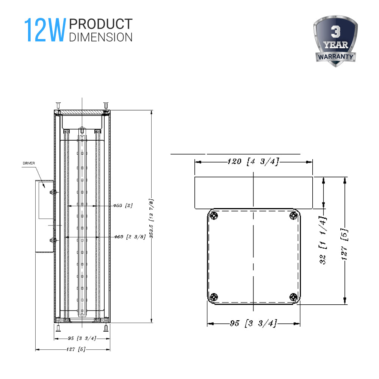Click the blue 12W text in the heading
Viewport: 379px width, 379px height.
coord(45,30)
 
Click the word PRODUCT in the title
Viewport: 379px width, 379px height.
coord(101,24)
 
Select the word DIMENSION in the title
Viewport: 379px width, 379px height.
coord(101,37)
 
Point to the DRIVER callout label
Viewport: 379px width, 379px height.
coord(29,163)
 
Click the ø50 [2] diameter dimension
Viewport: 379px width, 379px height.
coord(123,205)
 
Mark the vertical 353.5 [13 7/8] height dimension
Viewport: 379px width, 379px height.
coord(152,218)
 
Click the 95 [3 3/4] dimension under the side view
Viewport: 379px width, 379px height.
coord(82,338)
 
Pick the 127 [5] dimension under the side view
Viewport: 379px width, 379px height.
coord(76,349)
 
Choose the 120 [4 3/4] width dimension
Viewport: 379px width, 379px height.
coord(253,162)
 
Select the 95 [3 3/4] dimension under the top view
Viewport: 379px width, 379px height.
coord(253,324)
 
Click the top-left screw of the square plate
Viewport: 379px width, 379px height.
coord(215,216)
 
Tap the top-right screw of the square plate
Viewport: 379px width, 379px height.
coord(293,216)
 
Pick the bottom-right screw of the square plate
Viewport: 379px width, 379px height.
coord(293,297)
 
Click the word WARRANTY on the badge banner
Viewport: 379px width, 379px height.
coord(336,57)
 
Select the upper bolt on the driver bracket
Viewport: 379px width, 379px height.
coord(52,192)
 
